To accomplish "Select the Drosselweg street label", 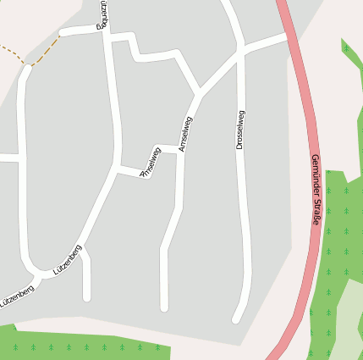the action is [x=240, y=130].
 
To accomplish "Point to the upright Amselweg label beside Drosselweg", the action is [x=185, y=134].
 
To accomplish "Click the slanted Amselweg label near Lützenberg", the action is [x=151, y=162].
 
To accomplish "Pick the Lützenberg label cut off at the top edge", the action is [x=103, y=14].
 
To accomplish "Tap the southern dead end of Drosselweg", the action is [x=237, y=319].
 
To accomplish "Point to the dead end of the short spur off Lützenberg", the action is [x=86, y=297].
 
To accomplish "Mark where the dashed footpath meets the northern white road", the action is [x=62, y=34].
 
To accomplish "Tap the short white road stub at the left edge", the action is [x=7, y=158].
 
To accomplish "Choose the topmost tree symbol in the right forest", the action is [x=345, y=48].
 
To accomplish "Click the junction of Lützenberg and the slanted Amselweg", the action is [x=117, y=170].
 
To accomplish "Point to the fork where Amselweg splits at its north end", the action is [x=200, y=92].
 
